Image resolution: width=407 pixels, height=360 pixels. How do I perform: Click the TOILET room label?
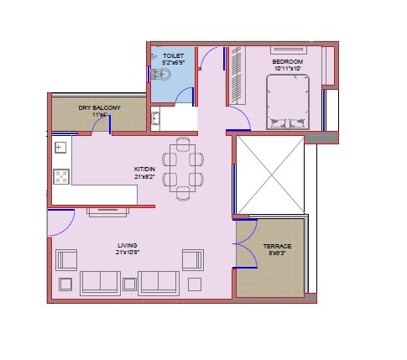(173, 55)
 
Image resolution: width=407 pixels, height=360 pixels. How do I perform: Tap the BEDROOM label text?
(288, 61)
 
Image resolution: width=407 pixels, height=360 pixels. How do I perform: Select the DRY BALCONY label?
(100, 107)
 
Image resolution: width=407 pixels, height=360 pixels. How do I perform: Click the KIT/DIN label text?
(146, 169)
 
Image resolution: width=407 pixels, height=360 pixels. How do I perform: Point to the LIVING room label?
(127, 245)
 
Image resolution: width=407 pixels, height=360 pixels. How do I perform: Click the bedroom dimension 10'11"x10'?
(288, 69)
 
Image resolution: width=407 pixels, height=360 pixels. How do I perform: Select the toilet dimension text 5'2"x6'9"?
(173, 62)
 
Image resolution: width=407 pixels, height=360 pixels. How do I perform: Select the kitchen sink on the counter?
(60, 149)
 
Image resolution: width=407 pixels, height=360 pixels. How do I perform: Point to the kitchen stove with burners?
(60, 175)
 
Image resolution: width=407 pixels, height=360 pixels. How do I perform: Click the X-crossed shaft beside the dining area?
(269, 173)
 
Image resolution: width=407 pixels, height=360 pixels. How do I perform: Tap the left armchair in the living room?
(66, 259)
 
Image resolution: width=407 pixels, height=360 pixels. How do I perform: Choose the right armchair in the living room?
(193, 259)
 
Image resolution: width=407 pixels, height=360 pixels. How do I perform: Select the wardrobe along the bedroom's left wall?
(236, 76)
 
